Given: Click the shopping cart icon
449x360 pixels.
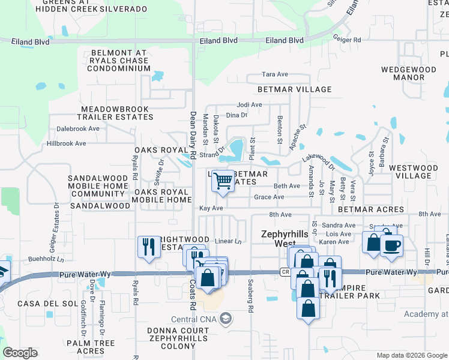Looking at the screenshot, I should tap(223, 181).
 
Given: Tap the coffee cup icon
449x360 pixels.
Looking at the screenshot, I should tap(391, 245).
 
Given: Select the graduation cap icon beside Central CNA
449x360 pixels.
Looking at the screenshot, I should tap(226, 317).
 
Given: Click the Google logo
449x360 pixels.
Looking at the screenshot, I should tap(20, 353).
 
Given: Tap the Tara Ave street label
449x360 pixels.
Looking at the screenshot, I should tap(276, 74).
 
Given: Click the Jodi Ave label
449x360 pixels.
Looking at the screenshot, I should tap(249, 104).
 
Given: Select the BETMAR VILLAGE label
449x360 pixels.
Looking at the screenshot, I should tap(294, 89).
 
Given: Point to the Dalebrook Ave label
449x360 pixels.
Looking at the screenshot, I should tap(77, 128).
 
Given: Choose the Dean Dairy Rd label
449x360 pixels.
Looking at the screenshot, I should tap(193, 134).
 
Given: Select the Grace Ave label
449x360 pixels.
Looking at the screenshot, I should tap(269, 197).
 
